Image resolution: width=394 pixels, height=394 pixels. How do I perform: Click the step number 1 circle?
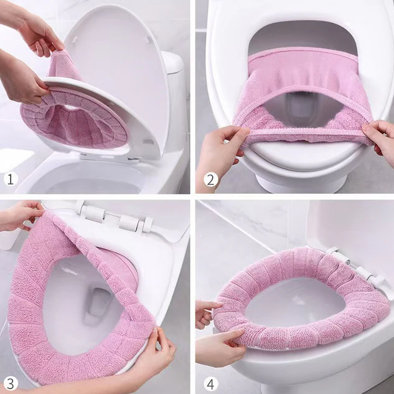click(x=11, y=179)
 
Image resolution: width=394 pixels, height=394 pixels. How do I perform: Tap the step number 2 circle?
click(x=210, y=180)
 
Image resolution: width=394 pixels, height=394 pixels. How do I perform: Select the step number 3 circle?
click(x=11, y=384)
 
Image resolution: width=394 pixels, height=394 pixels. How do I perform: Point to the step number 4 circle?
click(x=210, y=384)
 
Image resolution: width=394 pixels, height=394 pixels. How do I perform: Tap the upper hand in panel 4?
click(x=207, y=313)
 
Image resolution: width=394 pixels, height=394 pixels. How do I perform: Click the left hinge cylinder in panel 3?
click(x=95, y=214)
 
